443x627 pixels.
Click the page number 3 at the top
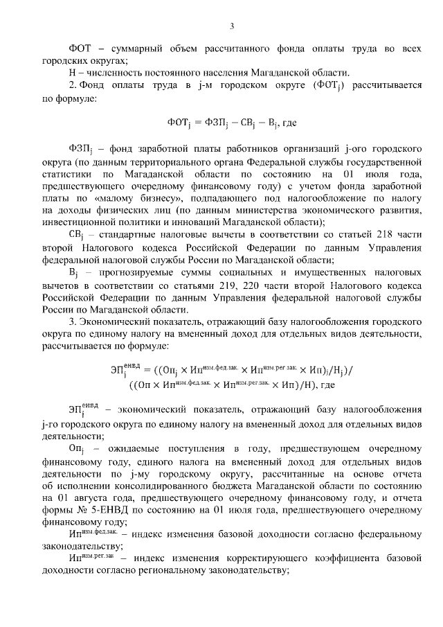click(x=232, y=27)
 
